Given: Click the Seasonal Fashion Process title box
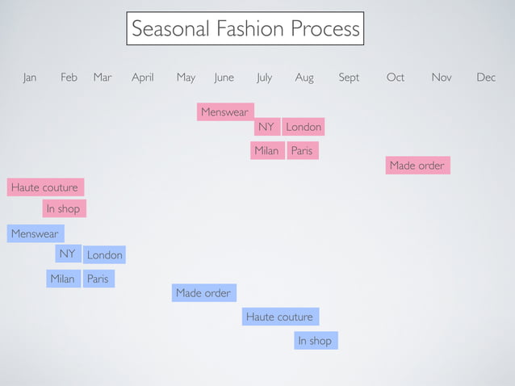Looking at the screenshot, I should coord(245,29).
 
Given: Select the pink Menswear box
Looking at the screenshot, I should coord(225,112).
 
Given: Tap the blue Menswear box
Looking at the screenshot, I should coord(36,233).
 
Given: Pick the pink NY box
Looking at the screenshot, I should coord(266,127).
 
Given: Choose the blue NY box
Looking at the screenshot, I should coord(68,254).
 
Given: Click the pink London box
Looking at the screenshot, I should coord(304,127).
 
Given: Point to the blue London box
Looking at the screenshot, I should coord(104,255).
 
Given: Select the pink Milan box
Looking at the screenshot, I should coord(267,151).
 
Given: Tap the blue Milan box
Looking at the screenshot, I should coord(63,279).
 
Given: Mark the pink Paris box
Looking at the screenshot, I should coord(302,151).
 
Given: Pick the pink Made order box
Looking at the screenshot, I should coord(417,166).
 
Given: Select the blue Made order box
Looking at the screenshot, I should coord(203,293).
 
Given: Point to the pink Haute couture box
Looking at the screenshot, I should coord(45,187).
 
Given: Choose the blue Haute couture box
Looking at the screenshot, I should coord(280,317).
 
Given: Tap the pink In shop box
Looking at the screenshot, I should coord(64,208).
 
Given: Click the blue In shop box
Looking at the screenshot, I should coord(316,341).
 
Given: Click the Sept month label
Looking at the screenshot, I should coord(349,78).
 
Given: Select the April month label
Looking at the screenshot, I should coord(143,78).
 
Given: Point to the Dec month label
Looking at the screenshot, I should coord(486,78).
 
